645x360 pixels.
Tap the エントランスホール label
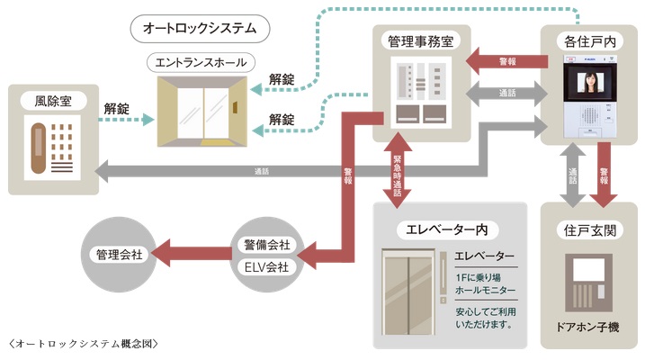coord(202,61)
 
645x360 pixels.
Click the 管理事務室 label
coord(420,41)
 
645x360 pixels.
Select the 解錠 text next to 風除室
coord(116,109)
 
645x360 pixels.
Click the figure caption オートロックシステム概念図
coord(81,346)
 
